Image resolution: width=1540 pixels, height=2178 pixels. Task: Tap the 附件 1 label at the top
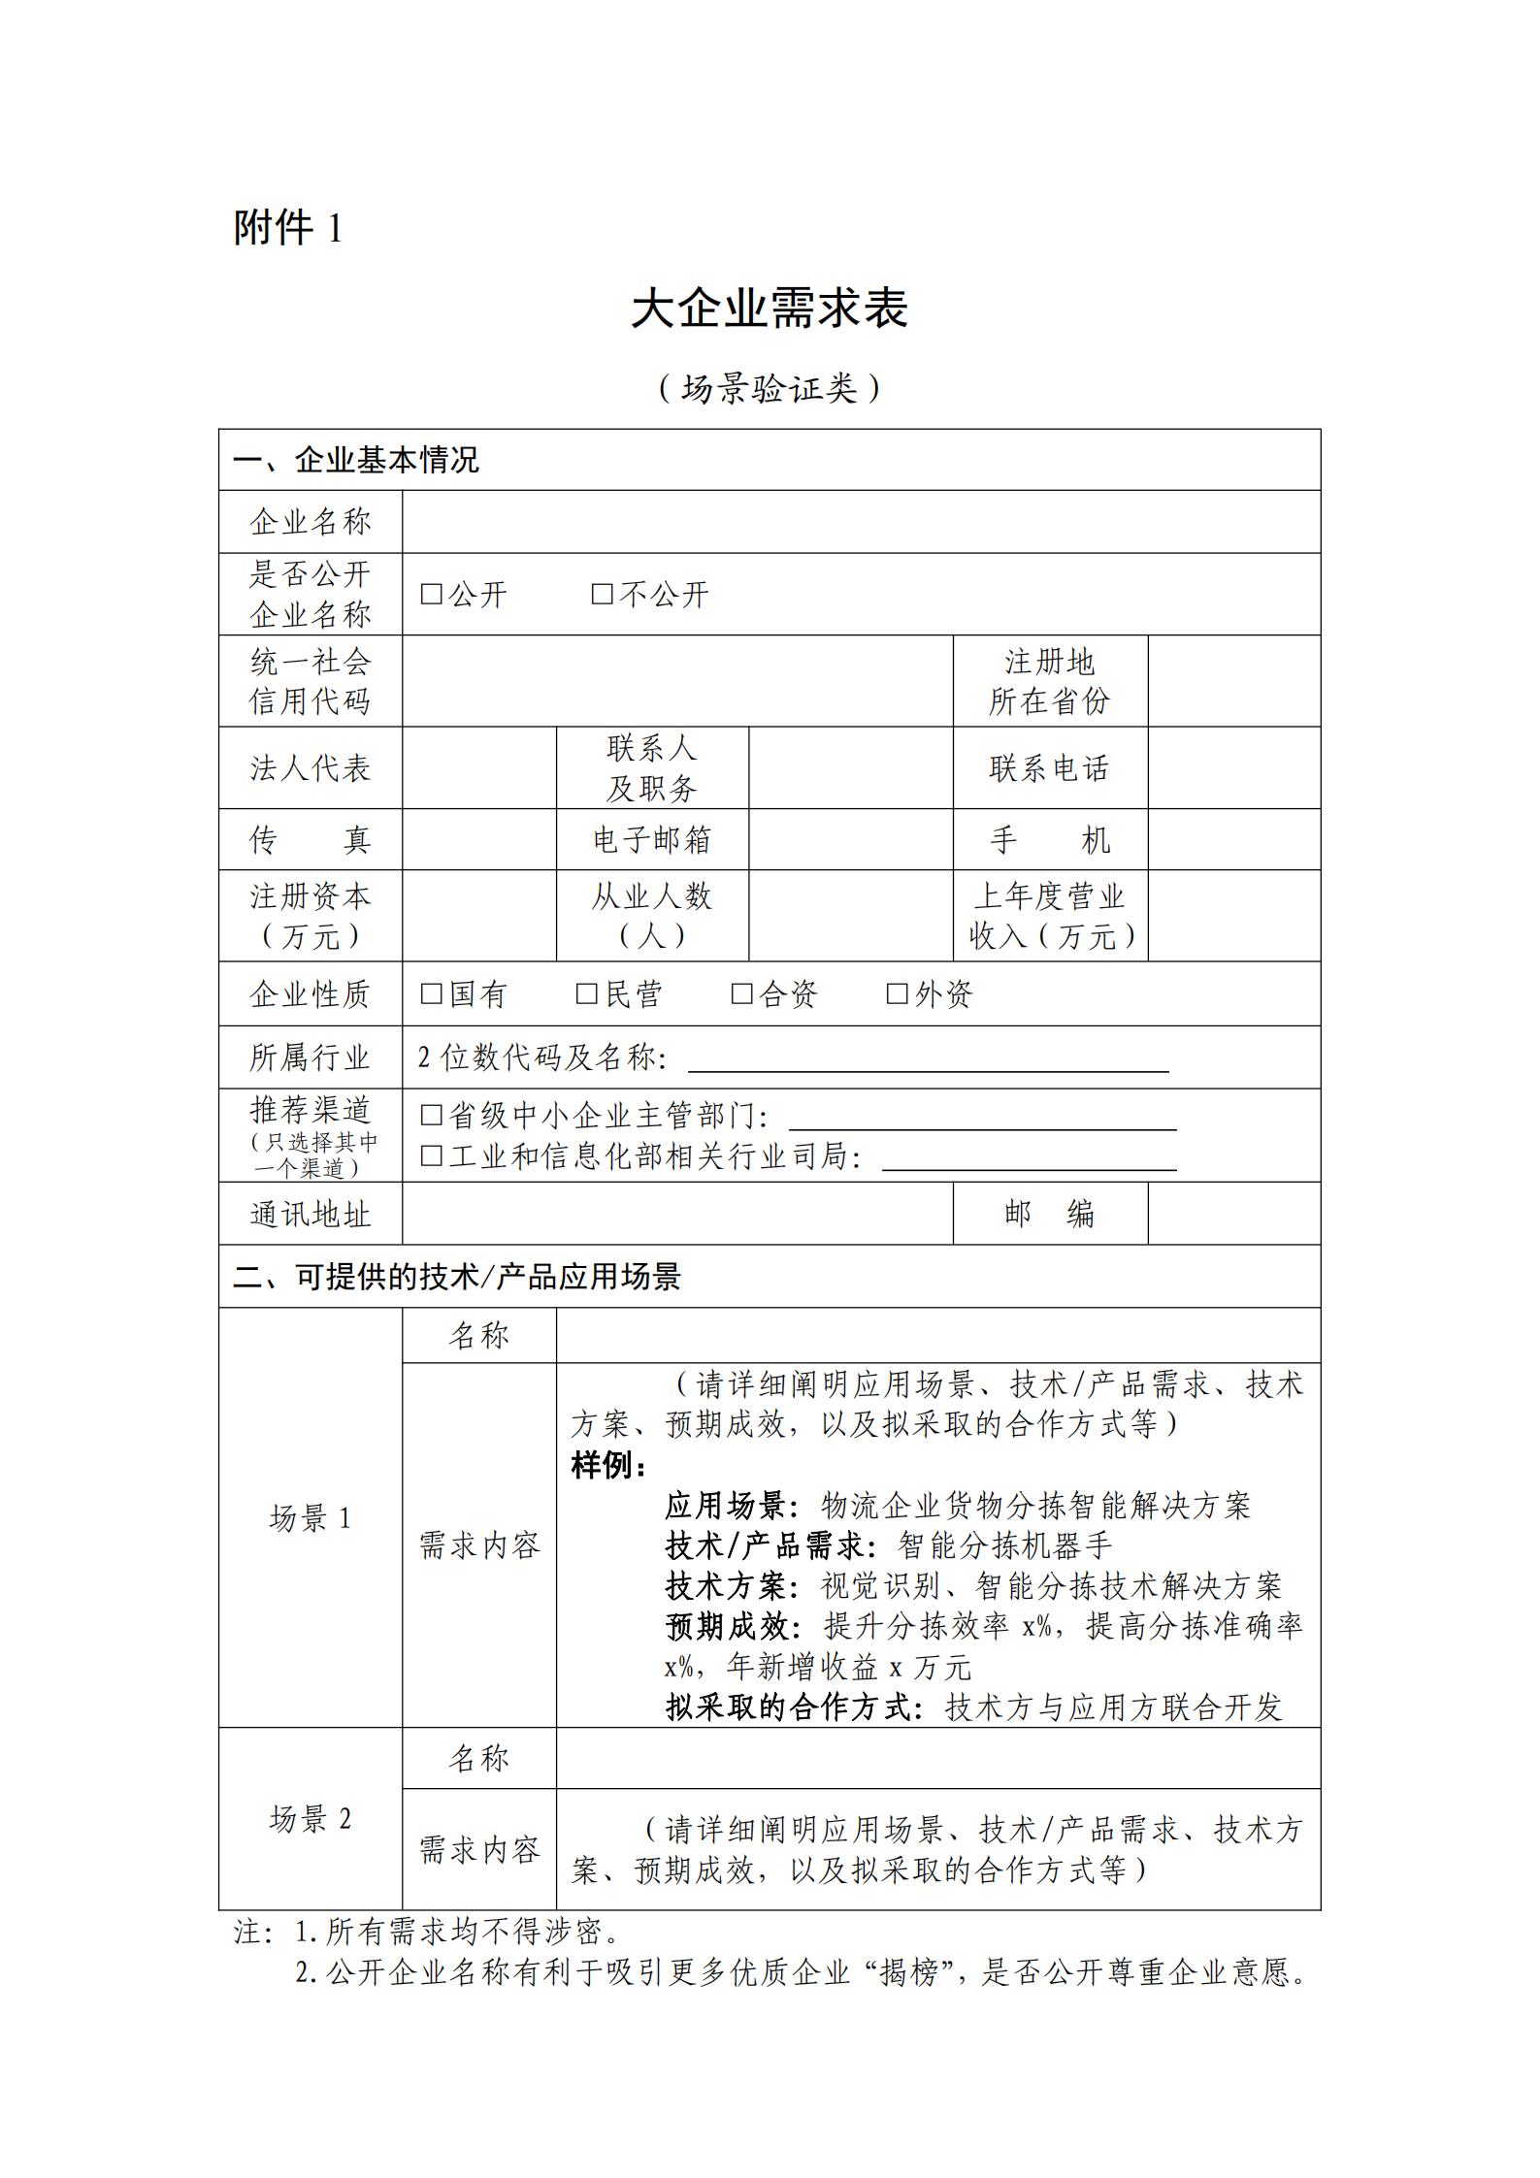pyautogui.click(x=287, y=229)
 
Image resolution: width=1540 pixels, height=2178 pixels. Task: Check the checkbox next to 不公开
pyautogui.click(x=602, y=594)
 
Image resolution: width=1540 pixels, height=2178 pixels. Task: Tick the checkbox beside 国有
pyautogui.click(x=431, y=993)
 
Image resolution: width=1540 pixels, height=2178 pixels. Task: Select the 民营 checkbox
pyautogui.click(x=586, y=993)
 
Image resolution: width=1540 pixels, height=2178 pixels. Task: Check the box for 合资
pyautogui.click(x=741, y=993)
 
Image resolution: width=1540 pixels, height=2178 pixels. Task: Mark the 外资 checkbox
pyautogui.click(x=897, y=993)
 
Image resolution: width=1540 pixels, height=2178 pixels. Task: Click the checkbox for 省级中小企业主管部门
pyautogui.click(x=431, y=1116)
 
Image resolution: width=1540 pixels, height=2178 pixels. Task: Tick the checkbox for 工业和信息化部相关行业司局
pyautogui.click(x=431, y=1155)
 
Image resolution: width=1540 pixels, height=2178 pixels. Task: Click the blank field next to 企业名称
pyautogui.click(x=861, y=522)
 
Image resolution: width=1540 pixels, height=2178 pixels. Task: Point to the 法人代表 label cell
pyautogui.click(x=311, y=768)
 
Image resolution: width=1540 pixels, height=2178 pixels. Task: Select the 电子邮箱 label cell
pyautogui.click(x=652, y=839)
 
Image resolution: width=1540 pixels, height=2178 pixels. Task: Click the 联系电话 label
pyautogui.click(x=1049, y=768)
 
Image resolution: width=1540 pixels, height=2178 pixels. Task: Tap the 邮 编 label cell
pyautogui.click(x=1049, y=1213)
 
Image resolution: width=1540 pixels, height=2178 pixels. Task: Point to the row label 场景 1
pyautogui.click(x=311, y=1518)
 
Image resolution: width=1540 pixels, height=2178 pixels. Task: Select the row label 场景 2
pyautogui.click(x=311, y=1819)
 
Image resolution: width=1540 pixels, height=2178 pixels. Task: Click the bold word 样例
pyautogui.click(x=607, y=1465)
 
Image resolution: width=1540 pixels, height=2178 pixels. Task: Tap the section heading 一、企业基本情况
pyautogui.click(x=356, y=460)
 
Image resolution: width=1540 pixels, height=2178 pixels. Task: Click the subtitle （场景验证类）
pyautogui.click(x=769, y=389)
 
